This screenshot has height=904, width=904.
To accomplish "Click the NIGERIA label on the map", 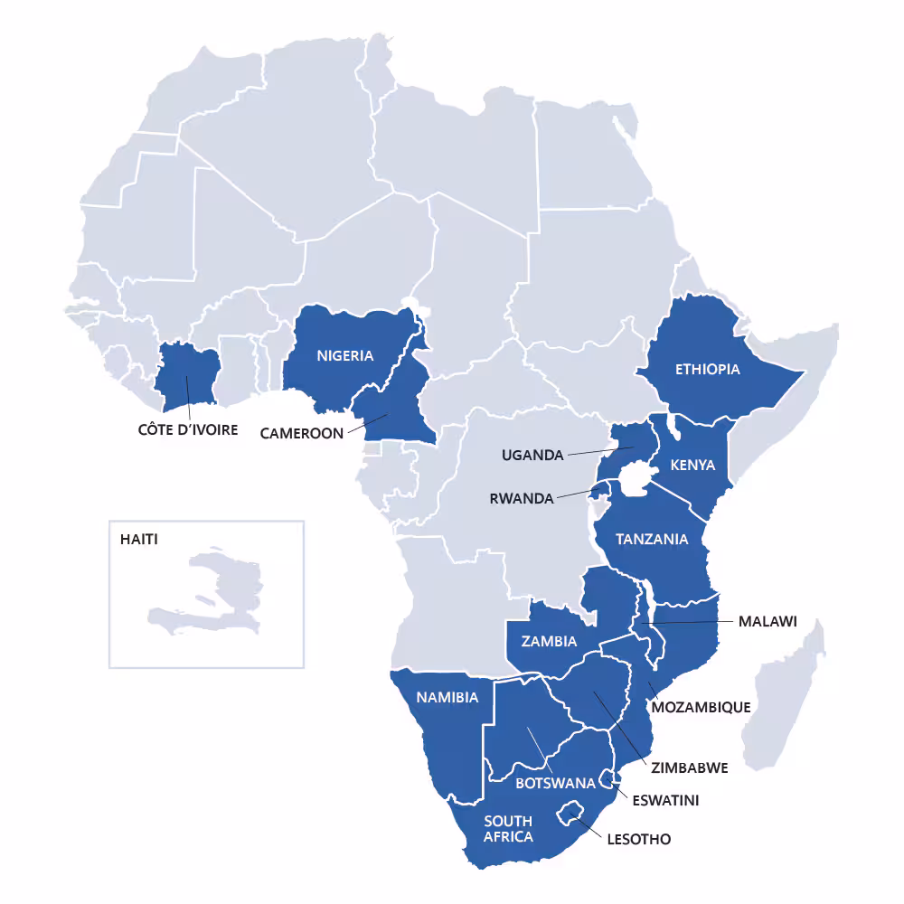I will pos(344,355).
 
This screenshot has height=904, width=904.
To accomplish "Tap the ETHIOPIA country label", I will pos(707,369).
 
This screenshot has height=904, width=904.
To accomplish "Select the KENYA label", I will pos(692,465).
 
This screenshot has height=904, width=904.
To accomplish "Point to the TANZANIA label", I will pos(652,540).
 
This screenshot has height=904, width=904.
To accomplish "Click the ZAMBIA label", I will pos(550,641).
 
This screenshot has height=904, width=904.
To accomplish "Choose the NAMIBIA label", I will pos(447,697).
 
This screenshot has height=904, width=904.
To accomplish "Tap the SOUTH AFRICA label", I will pos(508,828).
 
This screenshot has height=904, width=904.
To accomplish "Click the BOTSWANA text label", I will pos(555,783).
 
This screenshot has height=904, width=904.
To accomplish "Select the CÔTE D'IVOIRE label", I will pos(188,429).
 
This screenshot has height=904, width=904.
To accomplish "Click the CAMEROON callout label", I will pos(302,433).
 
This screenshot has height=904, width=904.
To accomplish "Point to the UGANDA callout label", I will pos(532,455).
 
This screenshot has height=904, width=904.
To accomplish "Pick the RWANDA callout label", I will pos(521,498).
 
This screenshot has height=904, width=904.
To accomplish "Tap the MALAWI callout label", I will pos(767,621).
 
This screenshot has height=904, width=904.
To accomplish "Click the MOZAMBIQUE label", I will pos(701,707).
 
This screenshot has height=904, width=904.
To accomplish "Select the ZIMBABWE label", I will pos(689,767).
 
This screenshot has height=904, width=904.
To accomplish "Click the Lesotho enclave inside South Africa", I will pos(570,812).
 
